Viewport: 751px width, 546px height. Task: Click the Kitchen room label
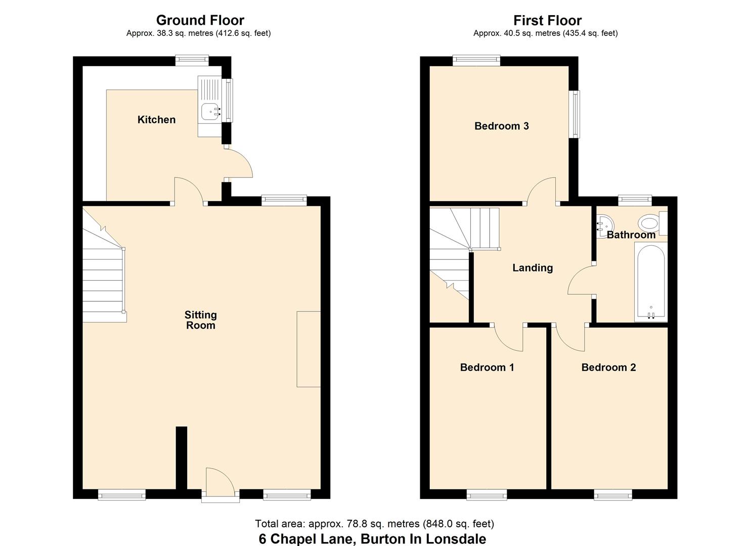pyautogui.click(x=156, y=120)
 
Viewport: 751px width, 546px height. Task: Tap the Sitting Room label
pyautogui.click(x=201, y=320)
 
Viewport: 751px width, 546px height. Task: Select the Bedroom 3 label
pyautogui.click(x=501, y=126)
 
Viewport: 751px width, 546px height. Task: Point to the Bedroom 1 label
pyautogui.click(x=487, y=368)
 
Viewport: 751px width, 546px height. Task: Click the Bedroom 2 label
pyautogui.click(x=608, y=368)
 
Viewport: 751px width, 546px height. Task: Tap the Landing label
pyautogui.click(x=533, y=268)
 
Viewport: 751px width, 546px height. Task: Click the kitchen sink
pyautogui.click(x=210, y=111)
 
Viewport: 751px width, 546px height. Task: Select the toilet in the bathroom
pyautogui.click(x=649, y=222)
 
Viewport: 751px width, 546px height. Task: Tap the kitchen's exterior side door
pyautogui.click(x=238, y=163)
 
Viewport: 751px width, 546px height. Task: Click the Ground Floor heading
pyautogui.click(x=200, y=20)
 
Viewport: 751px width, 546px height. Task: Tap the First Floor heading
pyautogui.click(x=547, y=20)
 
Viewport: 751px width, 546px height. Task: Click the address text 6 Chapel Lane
pyautogui.click(x=372, y=539)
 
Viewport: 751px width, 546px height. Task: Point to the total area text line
pyautogui.click(x=374, y=524)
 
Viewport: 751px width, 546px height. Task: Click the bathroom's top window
pyautogui.click(x=635, y=200)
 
